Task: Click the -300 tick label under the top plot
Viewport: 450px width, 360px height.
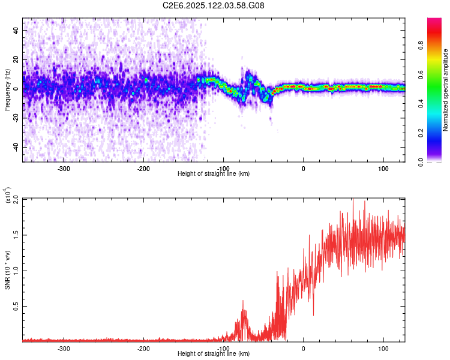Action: (x=64, y=168)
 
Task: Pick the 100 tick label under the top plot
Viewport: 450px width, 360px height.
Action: (x=383, y=168)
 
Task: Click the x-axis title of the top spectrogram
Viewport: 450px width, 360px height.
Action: (x=214, y=174)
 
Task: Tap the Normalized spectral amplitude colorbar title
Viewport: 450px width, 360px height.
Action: (x=446, y=90)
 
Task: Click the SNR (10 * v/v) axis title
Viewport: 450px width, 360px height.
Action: (x=7, y=269)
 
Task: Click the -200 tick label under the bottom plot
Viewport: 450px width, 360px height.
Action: (x=144, y=348)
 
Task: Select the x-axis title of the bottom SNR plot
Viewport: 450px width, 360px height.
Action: (x=214, y=354)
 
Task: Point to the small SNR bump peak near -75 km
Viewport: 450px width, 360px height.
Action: (x=243, y=301)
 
